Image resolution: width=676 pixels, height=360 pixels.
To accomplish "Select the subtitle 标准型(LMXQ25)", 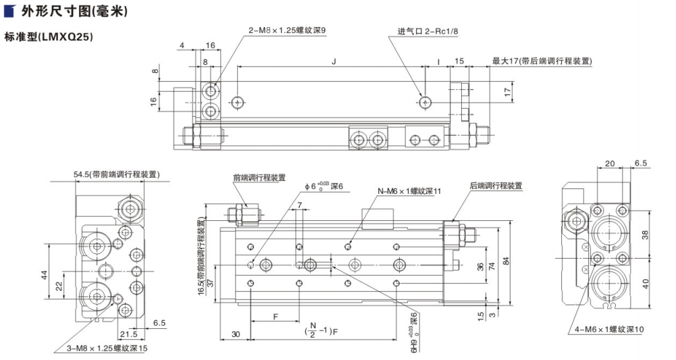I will click(x=48, y=36).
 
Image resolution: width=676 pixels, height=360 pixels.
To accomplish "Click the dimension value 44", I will click(x=43, y=275).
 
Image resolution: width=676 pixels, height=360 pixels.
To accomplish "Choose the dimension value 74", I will click(x=492, y=265).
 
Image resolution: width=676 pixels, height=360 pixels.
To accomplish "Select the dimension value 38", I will click(x=645, y=234).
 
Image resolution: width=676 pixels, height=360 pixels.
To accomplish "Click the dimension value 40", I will click(x=645, y=283).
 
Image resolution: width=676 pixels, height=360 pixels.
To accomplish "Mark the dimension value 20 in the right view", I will click(x=609, y=163).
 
